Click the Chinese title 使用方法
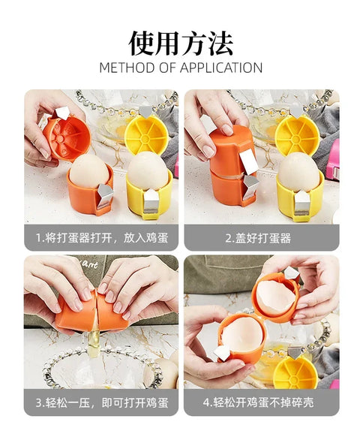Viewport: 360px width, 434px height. coord(181,44)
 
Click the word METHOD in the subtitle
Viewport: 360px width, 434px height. coord(127,68)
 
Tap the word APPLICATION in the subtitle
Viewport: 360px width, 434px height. coord(221,68)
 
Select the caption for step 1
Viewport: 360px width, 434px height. coord(101,238)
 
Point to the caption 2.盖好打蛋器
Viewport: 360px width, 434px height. coord(258,238)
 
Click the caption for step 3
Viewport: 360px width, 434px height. coord(101,402)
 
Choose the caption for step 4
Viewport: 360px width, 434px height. coord(258,402)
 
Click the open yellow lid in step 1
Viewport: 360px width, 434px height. coord(146,134)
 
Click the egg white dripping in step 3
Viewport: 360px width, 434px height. coord(94,340)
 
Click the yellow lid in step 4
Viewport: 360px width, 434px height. coord(295,372)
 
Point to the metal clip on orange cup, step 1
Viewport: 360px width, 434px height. coord(104,195)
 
